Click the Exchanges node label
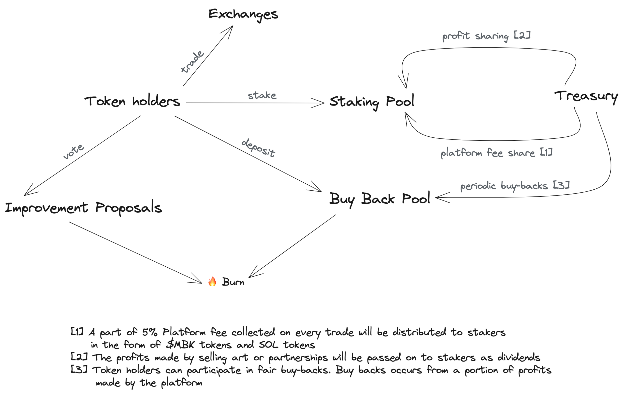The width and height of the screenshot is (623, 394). click(243, 14)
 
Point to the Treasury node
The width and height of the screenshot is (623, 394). click(586, 96)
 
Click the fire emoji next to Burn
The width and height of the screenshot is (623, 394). click(212, 281)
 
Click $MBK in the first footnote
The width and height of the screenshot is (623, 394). click(180, 345)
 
